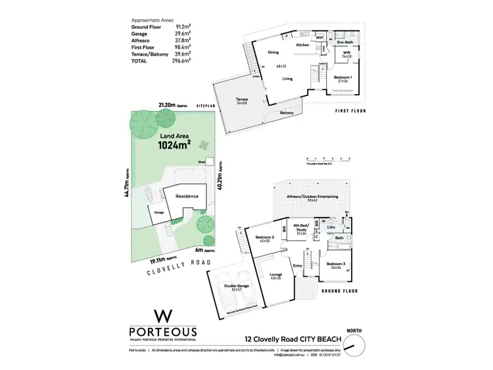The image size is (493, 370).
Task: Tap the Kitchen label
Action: (x=302, y=45)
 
